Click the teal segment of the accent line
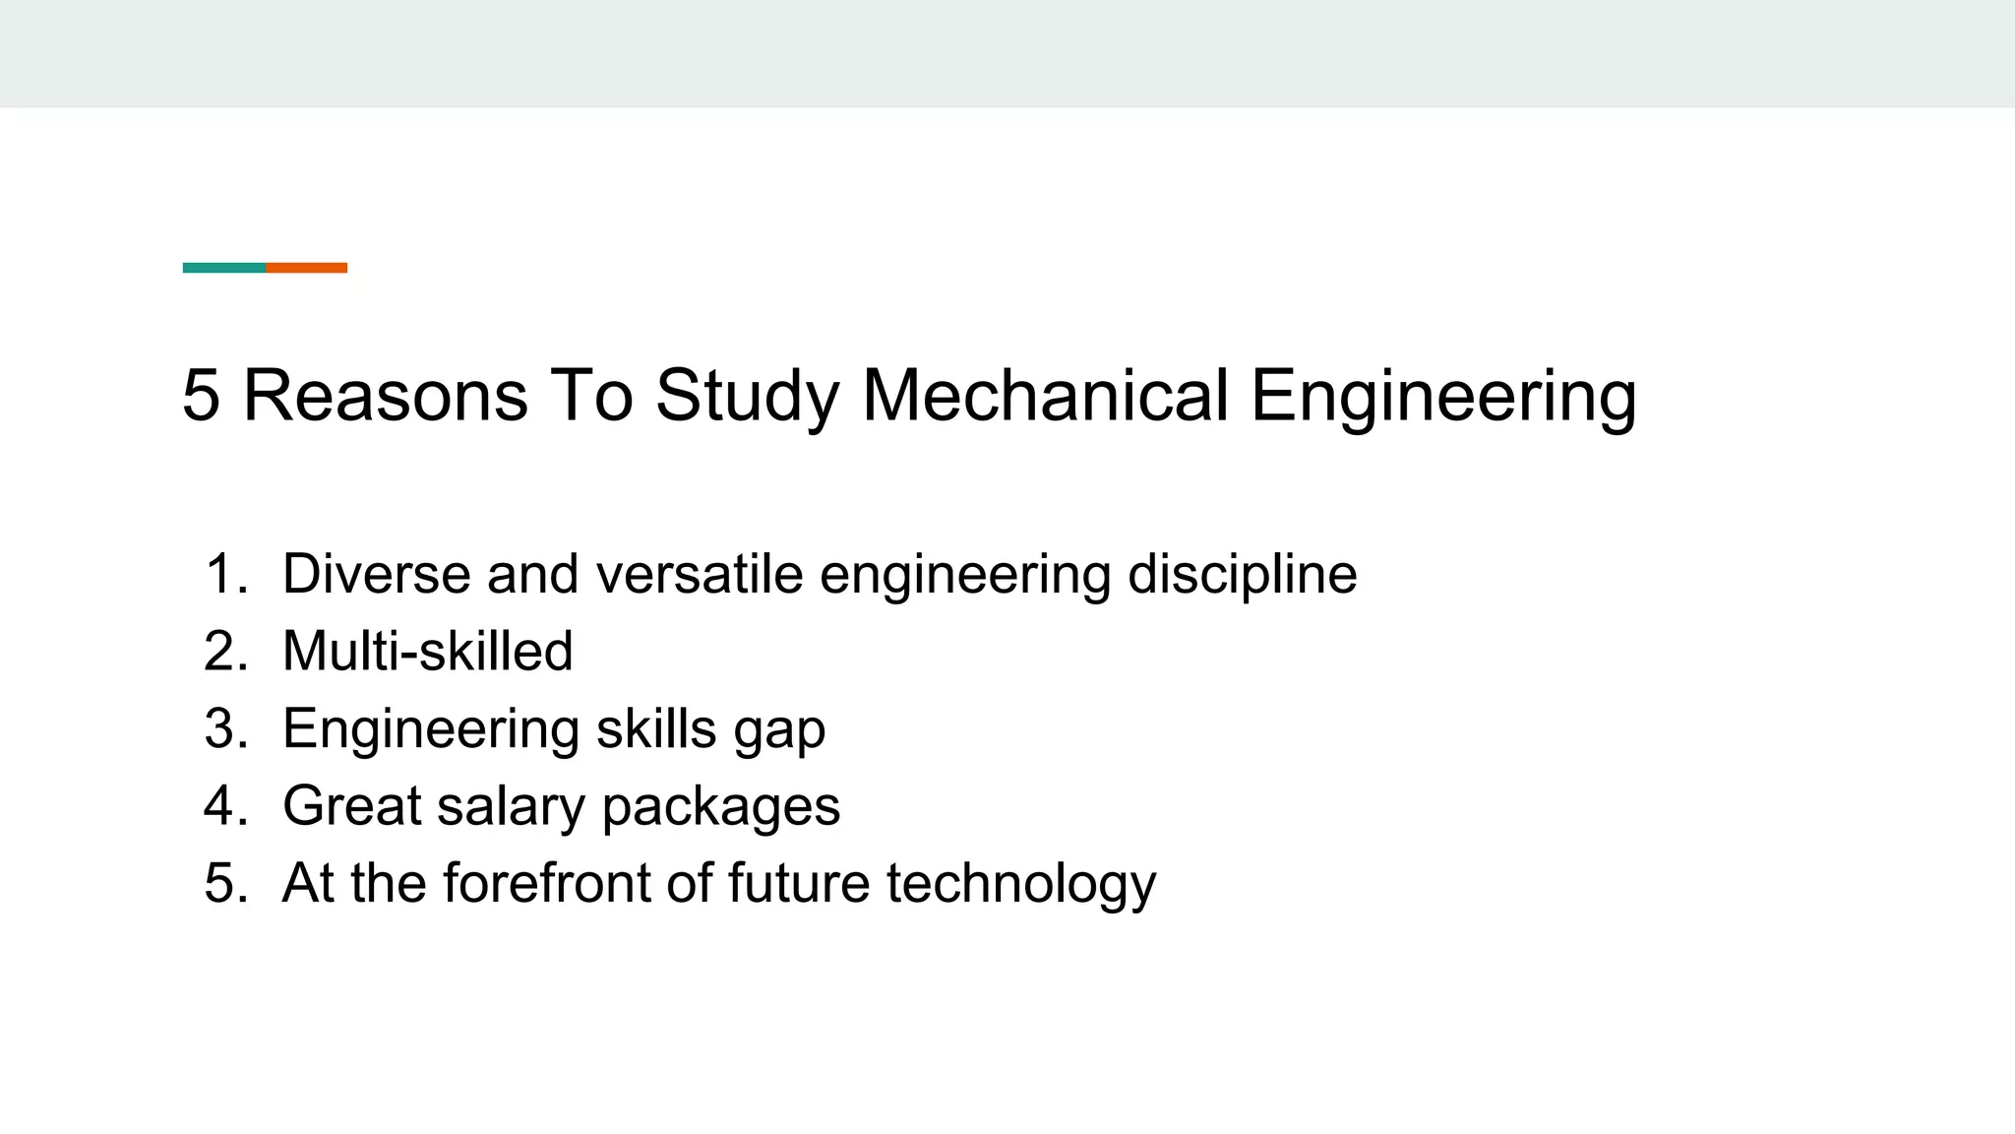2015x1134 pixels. point(224,268)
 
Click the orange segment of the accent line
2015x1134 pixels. point(306,268)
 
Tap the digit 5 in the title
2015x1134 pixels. point(201,396)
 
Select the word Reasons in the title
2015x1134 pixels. point(385,396)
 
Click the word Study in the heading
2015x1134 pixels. point(747,396)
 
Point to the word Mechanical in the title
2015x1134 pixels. point(1045,396)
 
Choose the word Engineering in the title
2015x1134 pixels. point(1443,396)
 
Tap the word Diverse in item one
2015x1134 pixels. point(376,574)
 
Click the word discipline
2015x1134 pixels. point(1242,574)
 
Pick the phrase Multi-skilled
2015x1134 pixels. point(427,652)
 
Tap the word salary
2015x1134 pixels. point(511,806)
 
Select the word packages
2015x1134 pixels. point(720,806)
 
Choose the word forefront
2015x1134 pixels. point(546,883)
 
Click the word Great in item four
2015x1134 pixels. point(351,806)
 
